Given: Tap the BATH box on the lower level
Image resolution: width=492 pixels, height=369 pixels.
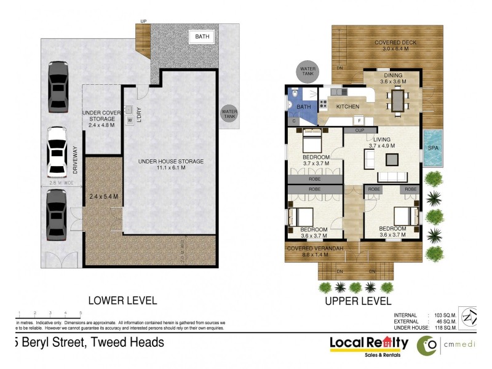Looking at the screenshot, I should [x=202, y=37].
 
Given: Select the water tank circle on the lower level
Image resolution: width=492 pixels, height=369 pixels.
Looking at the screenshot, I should [x=229, y=113].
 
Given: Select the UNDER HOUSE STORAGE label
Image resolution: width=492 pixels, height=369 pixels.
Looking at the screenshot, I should [x=170, y=162].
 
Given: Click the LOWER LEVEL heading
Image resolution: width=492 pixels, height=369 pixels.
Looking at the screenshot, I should [x=122, y=301].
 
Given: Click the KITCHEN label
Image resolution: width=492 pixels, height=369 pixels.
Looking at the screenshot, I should [x=347, y=106].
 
